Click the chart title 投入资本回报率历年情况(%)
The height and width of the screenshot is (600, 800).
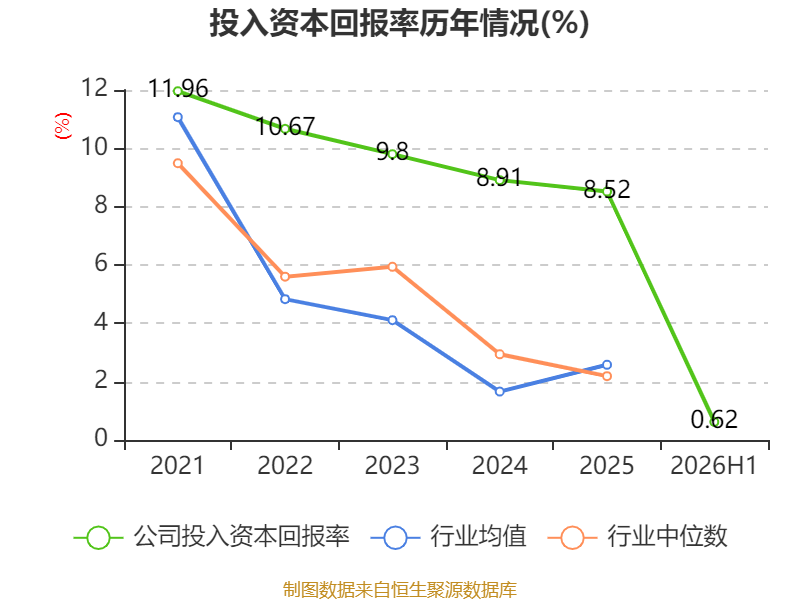point(399,23)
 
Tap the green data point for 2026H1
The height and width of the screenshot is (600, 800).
point(715,422)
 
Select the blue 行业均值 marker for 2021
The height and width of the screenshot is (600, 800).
point(178,117)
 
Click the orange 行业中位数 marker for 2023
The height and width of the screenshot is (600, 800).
point(392,267)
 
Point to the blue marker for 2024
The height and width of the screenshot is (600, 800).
point(499,391)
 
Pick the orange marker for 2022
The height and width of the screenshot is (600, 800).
point(285,277)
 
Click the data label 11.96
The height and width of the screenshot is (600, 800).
point(178,89)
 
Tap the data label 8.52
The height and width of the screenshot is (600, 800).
point(607,189)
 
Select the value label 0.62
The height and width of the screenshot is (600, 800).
point(714,419)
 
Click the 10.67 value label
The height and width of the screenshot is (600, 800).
point(285,127)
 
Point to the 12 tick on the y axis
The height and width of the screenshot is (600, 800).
point(94,88)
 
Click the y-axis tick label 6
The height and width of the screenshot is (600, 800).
point(101,264)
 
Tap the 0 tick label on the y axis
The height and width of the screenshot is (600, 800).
point(101,438)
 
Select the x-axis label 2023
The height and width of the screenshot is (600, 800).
point(392,465)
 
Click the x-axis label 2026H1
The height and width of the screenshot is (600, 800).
point(714,465)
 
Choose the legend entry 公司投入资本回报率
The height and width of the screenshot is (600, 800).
point(212,537)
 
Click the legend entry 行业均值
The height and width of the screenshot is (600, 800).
point(448,537)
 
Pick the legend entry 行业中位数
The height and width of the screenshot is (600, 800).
point(637,537)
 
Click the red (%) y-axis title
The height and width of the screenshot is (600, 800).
point(63,126)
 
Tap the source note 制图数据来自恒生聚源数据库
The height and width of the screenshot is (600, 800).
point(400,589)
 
